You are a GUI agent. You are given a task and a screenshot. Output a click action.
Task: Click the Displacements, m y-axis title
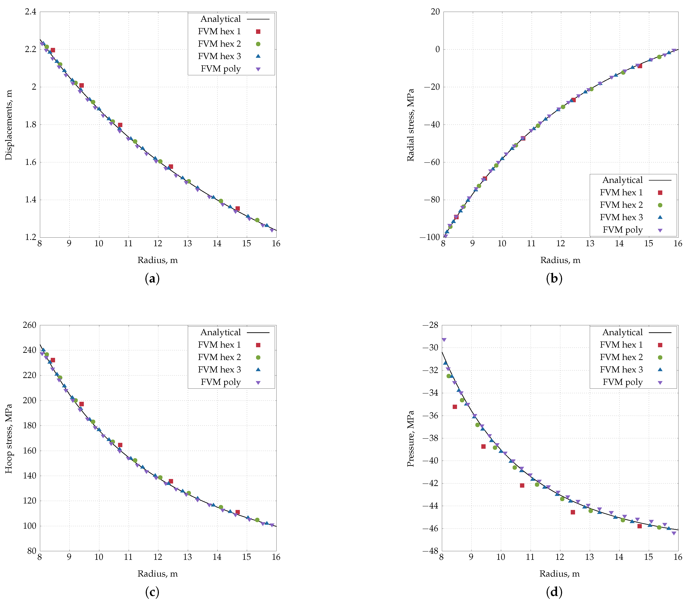[x=9, y=125]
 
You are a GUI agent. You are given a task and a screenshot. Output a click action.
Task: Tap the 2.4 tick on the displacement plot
[x=30, y=12]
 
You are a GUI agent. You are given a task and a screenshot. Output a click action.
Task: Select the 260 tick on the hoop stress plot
[x=30, y=325]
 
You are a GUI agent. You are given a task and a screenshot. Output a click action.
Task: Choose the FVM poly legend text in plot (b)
[x=623, y=230]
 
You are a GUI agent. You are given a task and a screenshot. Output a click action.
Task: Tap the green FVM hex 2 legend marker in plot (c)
[x=258, y=357]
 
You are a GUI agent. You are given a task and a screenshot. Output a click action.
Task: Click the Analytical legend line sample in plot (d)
[x=660, y=332]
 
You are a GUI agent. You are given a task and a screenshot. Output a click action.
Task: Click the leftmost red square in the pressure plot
[x=455, y=407]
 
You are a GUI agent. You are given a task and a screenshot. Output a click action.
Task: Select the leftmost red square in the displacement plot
[x=53, y=50]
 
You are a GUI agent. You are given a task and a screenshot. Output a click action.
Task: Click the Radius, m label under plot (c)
[x=158, y=574]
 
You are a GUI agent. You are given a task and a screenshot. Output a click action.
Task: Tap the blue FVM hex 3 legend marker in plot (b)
[x=660, y=217]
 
